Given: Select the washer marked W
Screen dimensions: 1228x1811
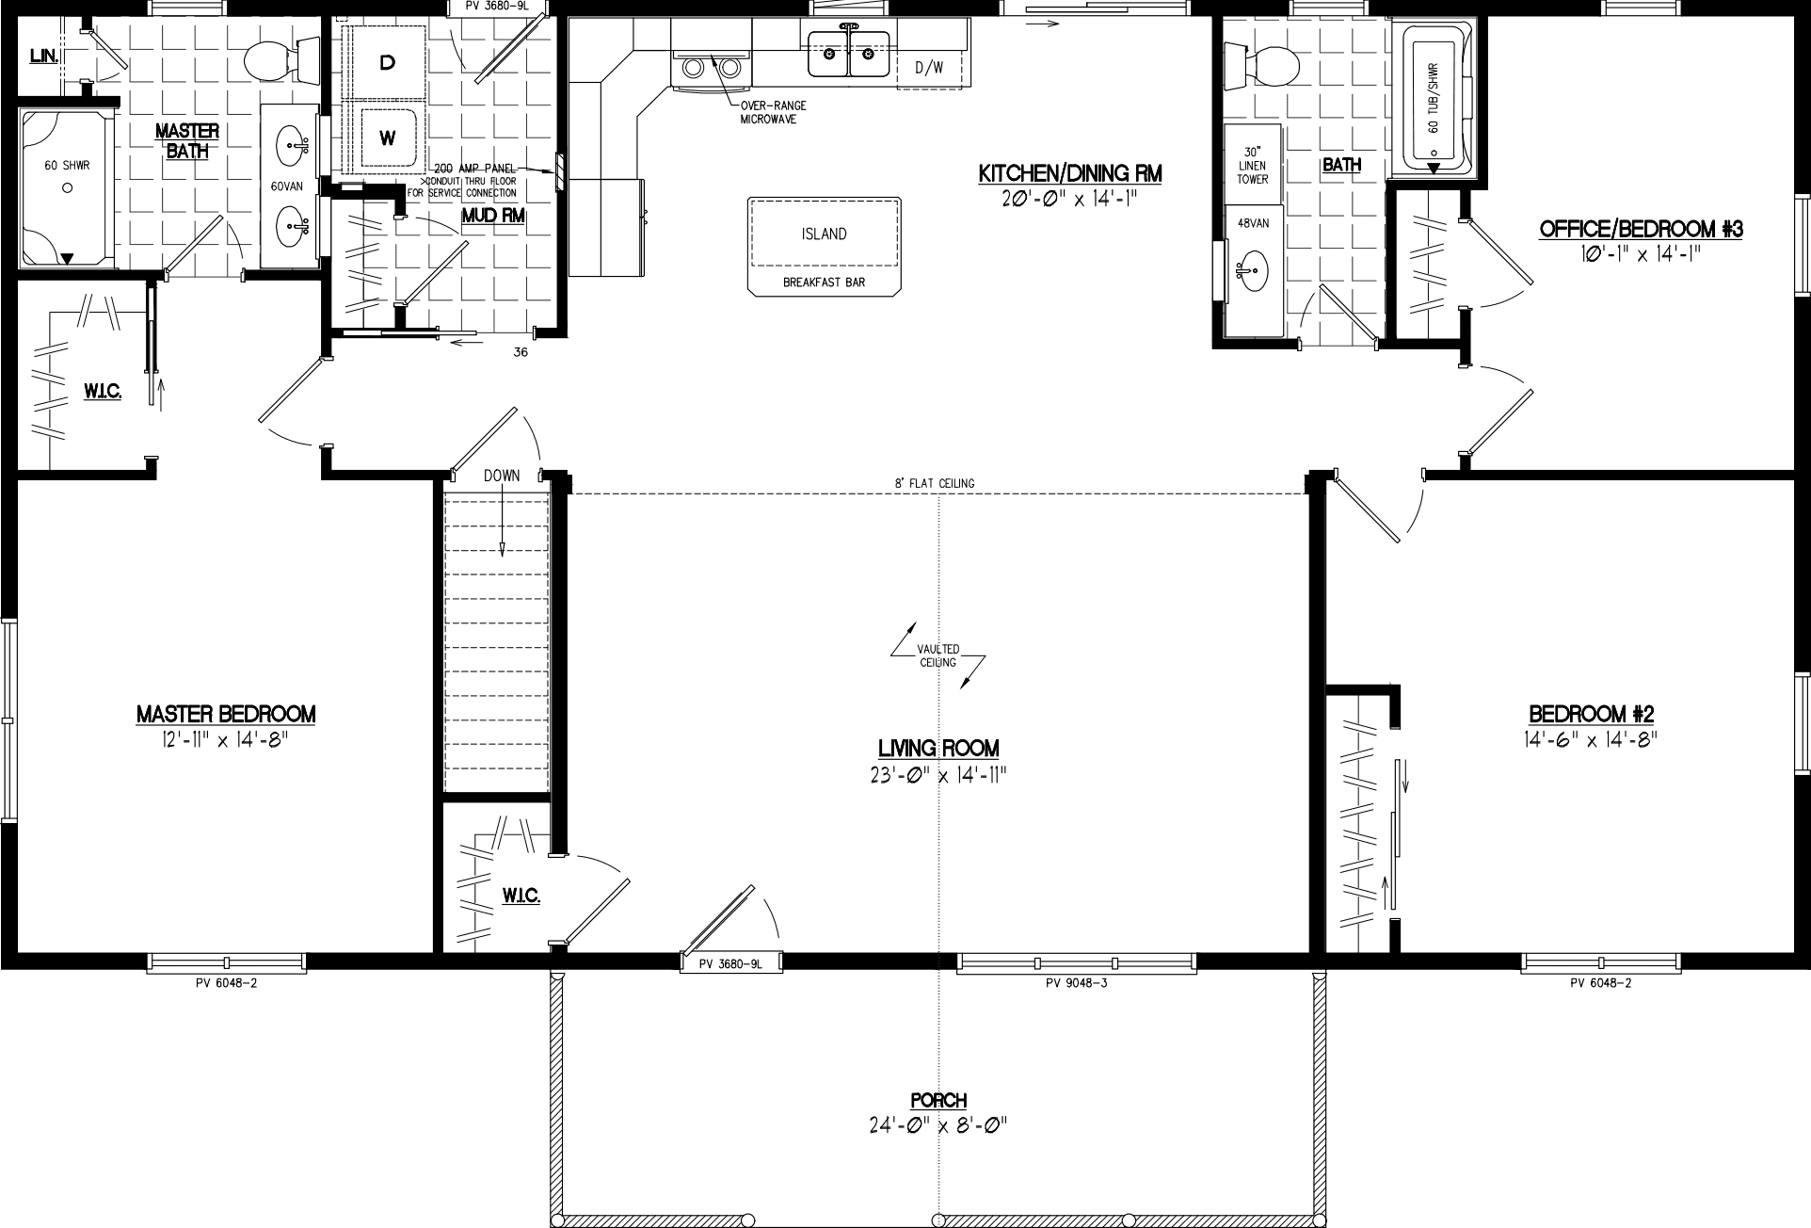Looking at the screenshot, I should [387, 138].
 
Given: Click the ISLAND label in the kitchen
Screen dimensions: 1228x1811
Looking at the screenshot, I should [824, 234].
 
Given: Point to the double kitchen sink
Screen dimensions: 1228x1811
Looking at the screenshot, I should [847, 55].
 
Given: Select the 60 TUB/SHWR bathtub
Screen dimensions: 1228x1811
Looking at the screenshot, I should [1434, 99].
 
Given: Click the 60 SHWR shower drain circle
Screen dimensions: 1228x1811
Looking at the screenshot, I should [67, 188].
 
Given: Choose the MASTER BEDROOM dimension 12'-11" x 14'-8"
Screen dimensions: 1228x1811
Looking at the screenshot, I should [225, 740].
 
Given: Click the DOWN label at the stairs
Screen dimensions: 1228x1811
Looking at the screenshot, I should [502, 476].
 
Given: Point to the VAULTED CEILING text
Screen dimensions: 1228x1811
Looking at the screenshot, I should [938, 655].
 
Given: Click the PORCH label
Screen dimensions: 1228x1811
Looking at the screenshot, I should [938, 1100].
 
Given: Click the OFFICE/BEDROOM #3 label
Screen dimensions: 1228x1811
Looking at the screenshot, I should [1640, 229].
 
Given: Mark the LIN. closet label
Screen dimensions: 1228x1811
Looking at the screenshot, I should [44, 57].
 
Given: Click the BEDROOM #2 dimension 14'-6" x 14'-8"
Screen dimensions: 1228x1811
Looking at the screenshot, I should [1590, 740].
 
